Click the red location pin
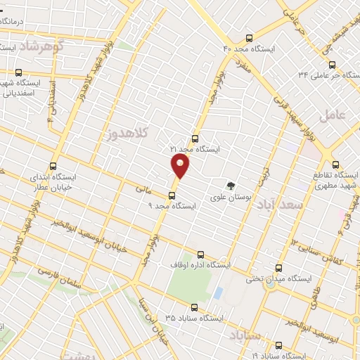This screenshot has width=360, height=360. pos(181,167)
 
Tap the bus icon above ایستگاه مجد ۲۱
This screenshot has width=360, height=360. pos(195,139)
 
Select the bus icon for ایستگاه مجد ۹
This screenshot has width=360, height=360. pos(172,195)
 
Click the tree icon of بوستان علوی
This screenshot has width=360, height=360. pos(231,186)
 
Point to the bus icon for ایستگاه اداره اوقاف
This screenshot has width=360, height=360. pos(200,255)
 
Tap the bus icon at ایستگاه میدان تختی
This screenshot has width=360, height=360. pos(278,268)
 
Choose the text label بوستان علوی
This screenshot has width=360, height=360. pos(231,198)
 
